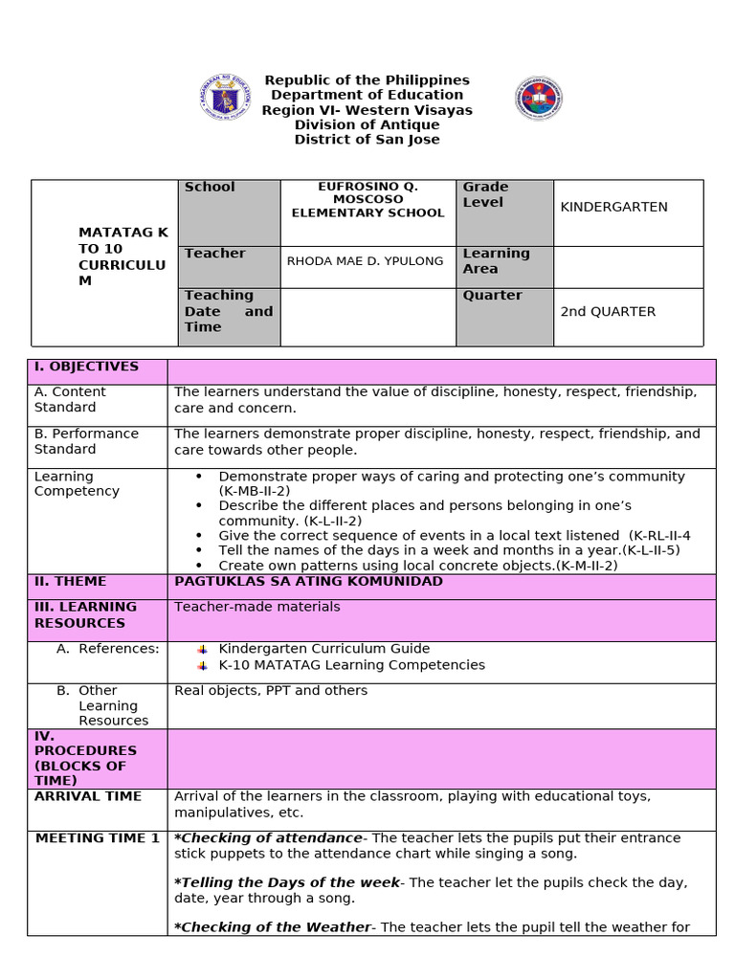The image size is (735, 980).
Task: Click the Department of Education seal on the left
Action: click(226, 98)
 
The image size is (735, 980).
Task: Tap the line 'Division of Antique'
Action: click(367, 124)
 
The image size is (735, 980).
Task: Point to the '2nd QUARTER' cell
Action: click(608, 312)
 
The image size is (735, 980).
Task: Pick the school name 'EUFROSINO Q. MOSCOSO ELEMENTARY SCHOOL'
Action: click(367, 200)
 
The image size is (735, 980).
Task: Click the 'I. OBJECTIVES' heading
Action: click(86, 367)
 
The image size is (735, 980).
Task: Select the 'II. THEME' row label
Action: click(71, 582)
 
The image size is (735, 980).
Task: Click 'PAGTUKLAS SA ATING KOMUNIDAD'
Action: click(308, 582)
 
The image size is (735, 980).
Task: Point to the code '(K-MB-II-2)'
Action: click(254, 491)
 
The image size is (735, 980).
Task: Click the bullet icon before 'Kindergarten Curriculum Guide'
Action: click(202, 649)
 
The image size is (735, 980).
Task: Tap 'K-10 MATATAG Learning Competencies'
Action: click(351, 665)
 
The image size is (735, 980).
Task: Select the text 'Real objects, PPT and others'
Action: click(271, 690)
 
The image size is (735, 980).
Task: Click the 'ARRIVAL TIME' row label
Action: click(88, 796)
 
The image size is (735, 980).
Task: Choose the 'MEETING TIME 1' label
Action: click(98, 838)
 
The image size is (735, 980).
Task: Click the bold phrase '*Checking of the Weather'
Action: click(272, 926)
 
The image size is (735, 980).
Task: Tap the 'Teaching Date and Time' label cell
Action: click(228, 311)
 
